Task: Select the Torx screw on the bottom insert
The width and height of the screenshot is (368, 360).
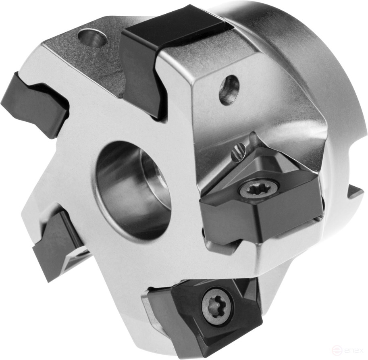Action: [x=217, y=307]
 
